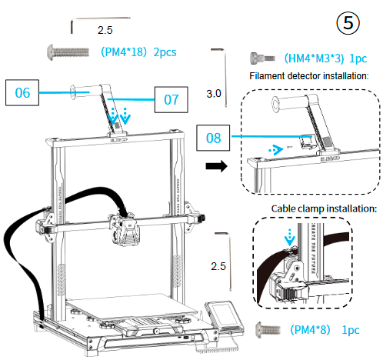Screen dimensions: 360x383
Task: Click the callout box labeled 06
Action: click(x=23, y=93)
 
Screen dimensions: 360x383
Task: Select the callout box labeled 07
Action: click(x=171, y=98)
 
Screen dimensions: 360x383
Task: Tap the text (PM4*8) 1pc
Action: click(x=323, y=329)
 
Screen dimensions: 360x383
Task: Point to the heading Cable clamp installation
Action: click(x=323, y=208)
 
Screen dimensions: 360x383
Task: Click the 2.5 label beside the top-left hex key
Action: click(x=105, y=29)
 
